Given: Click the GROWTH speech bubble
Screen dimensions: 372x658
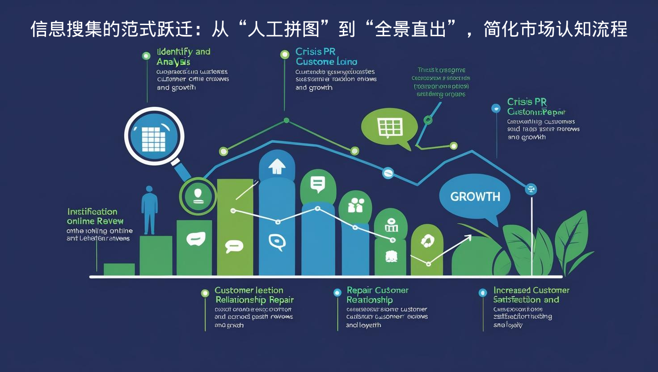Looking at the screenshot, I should click(475, 197).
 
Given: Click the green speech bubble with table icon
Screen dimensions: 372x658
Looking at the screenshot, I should click(389, 128).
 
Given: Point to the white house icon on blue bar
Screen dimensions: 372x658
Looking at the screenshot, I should click(277, 166).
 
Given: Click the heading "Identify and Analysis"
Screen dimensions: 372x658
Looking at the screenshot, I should click(183, 57).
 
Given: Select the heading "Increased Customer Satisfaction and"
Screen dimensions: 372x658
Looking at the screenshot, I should click(531, 295).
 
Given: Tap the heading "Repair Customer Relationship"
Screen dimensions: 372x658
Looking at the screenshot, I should click(377, 295).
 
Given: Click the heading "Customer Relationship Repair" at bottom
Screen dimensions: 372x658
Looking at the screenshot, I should click(253, 295).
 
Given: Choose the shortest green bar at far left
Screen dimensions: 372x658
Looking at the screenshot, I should click(119, 269).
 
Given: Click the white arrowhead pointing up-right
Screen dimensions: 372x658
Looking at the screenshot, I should click(468, 237).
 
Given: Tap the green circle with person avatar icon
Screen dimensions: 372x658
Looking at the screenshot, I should click(198, 196).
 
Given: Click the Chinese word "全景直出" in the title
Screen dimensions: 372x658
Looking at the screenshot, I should click(410, 30).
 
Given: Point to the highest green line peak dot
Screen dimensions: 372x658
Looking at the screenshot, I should click(286, 120).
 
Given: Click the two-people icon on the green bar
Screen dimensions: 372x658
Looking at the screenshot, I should click(356, 205).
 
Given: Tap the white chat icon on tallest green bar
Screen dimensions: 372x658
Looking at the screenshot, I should click(234, 245).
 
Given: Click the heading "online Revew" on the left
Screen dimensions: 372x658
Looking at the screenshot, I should click(95, 221).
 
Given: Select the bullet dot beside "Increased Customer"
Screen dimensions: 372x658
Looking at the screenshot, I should click(483, 293).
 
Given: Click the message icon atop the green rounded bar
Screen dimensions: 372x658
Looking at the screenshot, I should click(318, 183).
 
